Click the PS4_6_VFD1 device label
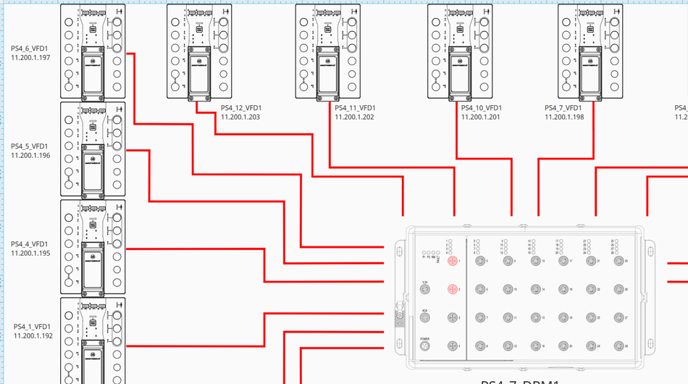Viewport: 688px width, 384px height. [30, 48]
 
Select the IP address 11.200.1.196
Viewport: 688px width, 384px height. [30, 155]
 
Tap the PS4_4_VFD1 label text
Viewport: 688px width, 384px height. [30, 243]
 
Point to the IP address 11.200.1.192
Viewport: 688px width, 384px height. [33, 335]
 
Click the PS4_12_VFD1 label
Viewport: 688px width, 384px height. [241, 108]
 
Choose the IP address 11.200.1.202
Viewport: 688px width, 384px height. [354, 117]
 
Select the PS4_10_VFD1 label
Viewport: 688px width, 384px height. [482, 108]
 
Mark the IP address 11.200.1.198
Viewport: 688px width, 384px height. [564, 117]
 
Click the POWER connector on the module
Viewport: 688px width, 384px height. [425, 346]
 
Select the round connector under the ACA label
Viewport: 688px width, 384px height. [425, 318]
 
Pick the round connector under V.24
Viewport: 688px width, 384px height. [425, 289]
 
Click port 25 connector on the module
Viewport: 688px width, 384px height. [618, 260]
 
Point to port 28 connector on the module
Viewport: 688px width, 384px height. [618, 346]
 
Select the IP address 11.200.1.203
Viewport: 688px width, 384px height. [240, 117]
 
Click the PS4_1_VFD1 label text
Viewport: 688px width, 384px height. [32, 327]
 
